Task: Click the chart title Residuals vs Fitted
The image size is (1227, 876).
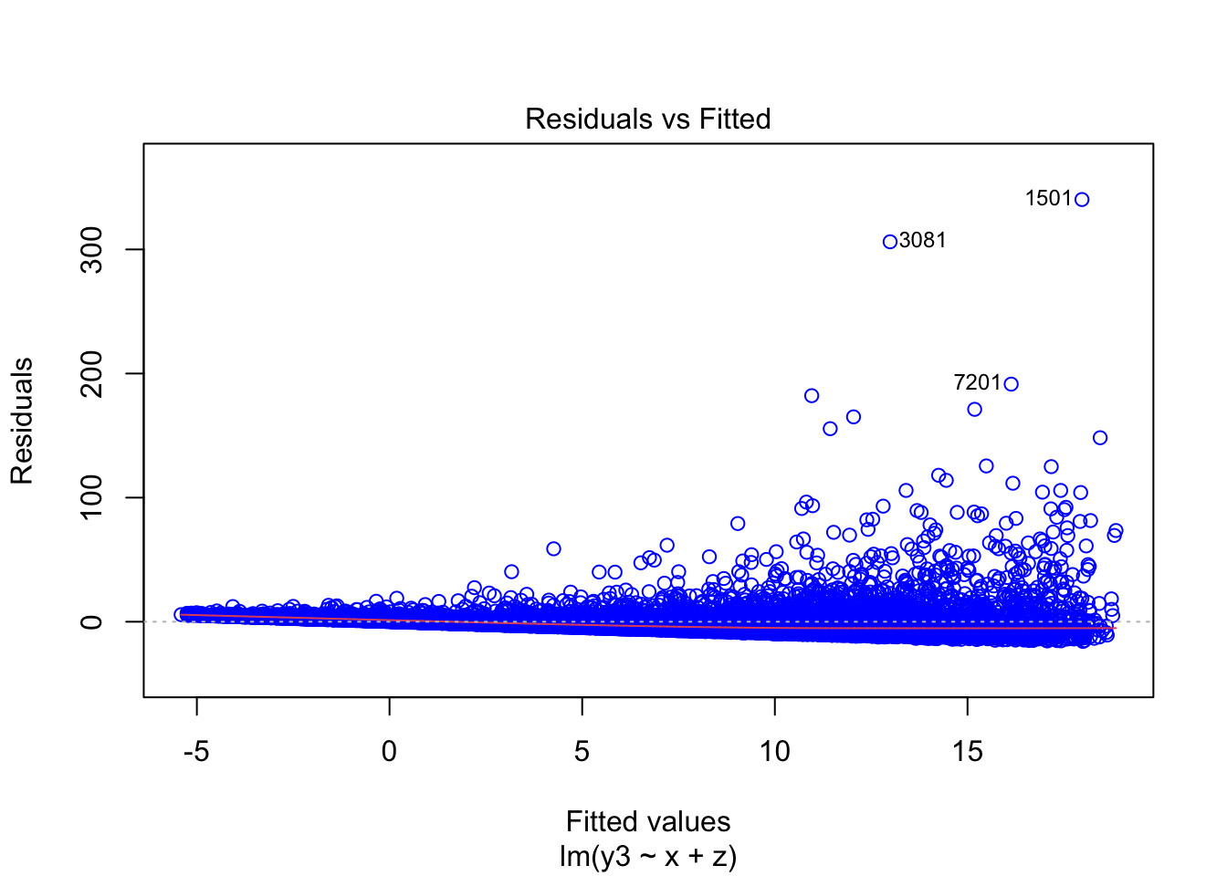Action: pyautogui.click(x=647, y=119)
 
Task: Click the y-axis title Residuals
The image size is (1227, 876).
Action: pyautogui.click(x=22, y=421)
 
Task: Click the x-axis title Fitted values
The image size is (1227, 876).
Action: pyautogui.click(x=647, y=821)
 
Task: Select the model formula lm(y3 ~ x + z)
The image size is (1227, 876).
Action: pyautogui.click(x=647, y=857)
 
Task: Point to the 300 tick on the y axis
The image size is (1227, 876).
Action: pyautogui.click(x=92, y=249)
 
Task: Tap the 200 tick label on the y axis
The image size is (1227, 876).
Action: pyautogui.click(x=92, y=373)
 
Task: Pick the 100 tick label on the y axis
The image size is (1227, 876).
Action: pyautogui.click(x=92, y=497)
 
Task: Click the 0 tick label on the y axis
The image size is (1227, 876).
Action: pyautogui.click(x=92, y=621)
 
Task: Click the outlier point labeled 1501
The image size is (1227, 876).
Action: pyautogui.click(x=1082, y=199)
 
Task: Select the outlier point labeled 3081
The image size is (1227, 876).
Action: pyautogui.click(x=890, y=242)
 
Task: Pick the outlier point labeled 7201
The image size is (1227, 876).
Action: pyautogui.click(x=1011, y=384)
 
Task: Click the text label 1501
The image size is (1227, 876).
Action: pyautogui.click(x=1048, y=198)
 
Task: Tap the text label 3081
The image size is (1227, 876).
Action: pyautogui.click(x=923, y=240)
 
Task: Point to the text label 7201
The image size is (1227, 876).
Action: pyautogui.click(x=977, y=382)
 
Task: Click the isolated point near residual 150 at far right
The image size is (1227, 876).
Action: pyautogui.click(x=1100, y=438)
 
